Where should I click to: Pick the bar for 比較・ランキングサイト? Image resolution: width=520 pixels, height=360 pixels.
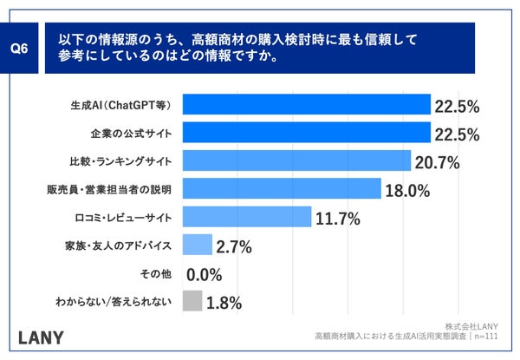(x=296, y=161)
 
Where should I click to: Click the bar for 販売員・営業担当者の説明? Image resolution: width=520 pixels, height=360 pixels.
(x=282, y=189)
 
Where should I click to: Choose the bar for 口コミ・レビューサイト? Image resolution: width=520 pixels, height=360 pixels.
(x=247, y=218)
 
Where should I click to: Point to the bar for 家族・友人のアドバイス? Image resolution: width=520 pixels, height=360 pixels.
(x=198, y=245)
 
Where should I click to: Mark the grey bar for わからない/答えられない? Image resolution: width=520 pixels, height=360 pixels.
(x=192, y=302)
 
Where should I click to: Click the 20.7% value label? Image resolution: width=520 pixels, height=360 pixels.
(x=437, y=162)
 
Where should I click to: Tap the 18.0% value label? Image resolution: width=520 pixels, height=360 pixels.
(x=407, y=190)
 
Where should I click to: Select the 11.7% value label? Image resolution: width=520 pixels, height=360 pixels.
(x=339, y=219)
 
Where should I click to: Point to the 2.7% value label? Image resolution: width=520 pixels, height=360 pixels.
(x=235, y=247)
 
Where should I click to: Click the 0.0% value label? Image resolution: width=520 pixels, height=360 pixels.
(x=205, y=275)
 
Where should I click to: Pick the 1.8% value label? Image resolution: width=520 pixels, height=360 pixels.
(x=224, y=303)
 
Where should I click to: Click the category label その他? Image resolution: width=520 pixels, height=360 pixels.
(x=157, y=274)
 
